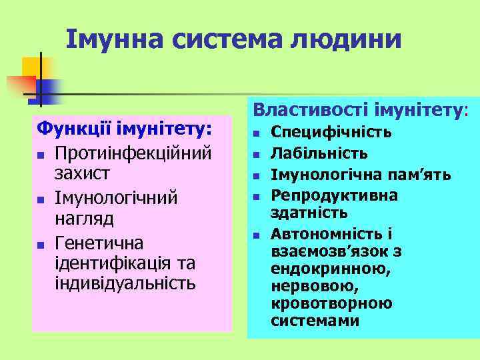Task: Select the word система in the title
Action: click(229, 39)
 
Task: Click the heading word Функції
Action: click(73, 127)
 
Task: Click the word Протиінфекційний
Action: click(133, 152)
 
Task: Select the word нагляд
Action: click(84, 219)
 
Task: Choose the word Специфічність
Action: click(331, 132)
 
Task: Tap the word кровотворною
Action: click(331, 303)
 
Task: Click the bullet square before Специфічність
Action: click(255, 133)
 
